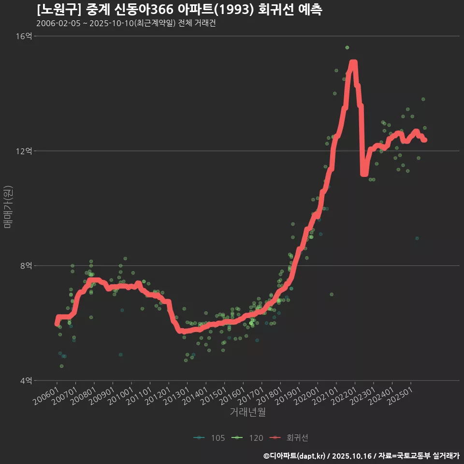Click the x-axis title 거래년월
247,412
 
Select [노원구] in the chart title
57,9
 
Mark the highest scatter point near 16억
347,47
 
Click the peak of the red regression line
353,63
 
